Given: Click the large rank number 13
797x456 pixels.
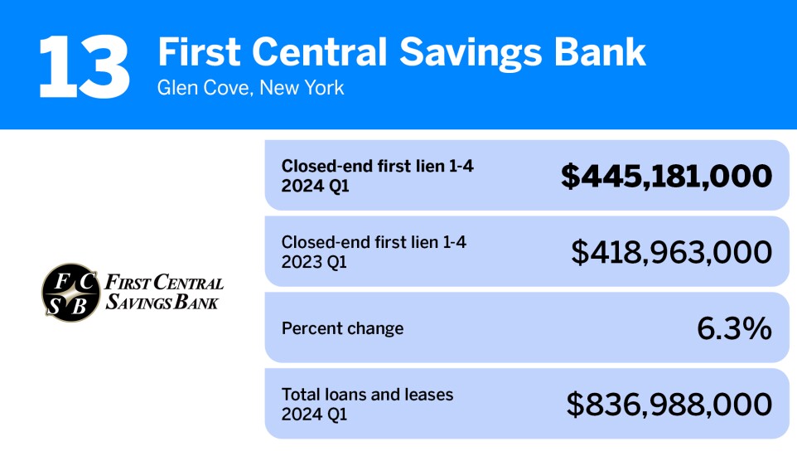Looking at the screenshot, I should pyautogui.click(x=84, y=66).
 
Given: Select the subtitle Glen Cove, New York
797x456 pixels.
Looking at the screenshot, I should pyautogui.click(x=250, y=88).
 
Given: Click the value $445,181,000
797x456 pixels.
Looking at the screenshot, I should pyautogui.click(x=666, y=176).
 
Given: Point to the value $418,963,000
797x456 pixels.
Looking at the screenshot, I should pyautogui.click(x=671, y=252).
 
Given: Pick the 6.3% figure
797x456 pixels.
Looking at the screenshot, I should pyautogui.click(x=734, y=328).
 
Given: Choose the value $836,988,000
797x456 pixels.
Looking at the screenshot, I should pyautogui.click(x=669, y=405).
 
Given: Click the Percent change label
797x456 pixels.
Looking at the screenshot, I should pyautogui.click(x=342, y=328).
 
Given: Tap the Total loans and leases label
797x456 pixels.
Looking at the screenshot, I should pyautogui.click(x=367, y=395).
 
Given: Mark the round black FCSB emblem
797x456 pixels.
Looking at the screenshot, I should pyautogui.click(x=70, y=293).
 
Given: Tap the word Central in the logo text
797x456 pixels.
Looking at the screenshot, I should pyautogui.click(x=186, y=284).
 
